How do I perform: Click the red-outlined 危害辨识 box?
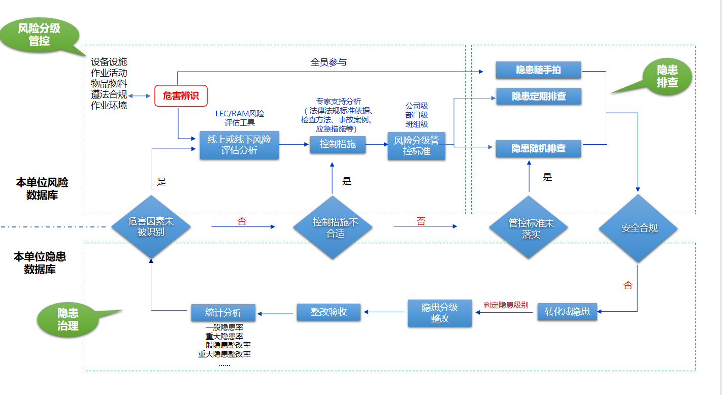pyautogui.click(x=181, y=95)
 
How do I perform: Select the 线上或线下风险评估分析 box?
pyautogui.click(x=239, y=145)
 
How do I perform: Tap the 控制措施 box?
pyautogui.click(x=338, y=144)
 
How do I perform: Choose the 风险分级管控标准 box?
pyautogui.click(x=416, y=145)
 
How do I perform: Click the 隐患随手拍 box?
pyautogui.click(x=538, y=70)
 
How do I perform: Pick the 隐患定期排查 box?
pyautogui.click(x=538, y=96)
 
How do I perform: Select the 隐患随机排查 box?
pyautogui.click(x=538, y=148)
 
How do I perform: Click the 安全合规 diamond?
pyautogui.click(x=639, y=228)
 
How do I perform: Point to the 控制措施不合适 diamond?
pyautogui.click(x=335, y=228)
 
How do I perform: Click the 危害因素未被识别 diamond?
pyautogui.click(x=151, y=227)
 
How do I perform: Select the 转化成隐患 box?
pyautogui.click(x=567, y=311)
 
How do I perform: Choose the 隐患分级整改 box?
pyautogui.click(x=440, y=313)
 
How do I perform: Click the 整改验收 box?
pyautogui.click(x=329, y=312)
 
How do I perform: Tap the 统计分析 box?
pyautogui.click(x=223, y=312)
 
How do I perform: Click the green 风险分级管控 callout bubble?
pyautogui.click(x=39, y=35)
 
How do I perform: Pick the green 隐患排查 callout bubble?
pyautogui.click(x=667, y=76)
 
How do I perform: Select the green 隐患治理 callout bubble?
pyautogui.click(x=68, y=319)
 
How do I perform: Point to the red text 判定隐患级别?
pyautogui.click(x=506, y=305)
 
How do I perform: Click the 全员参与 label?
pyautogui.click(x=329, y=62)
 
